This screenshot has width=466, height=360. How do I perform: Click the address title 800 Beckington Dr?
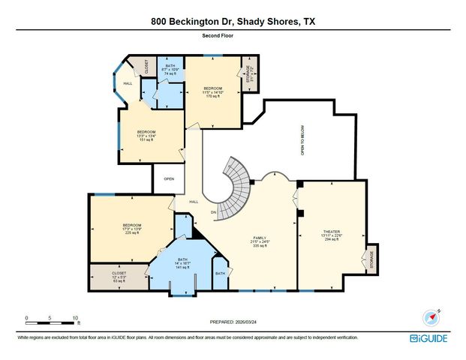233,22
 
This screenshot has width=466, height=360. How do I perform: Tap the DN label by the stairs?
214,212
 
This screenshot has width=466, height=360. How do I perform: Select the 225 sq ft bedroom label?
132,228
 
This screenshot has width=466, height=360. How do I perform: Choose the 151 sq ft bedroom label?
146,135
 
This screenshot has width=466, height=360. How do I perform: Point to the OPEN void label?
169,179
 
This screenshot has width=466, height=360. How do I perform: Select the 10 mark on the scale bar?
75,318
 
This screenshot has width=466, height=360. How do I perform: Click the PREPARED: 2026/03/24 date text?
232,321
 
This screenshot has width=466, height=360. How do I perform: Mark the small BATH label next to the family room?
220,274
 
